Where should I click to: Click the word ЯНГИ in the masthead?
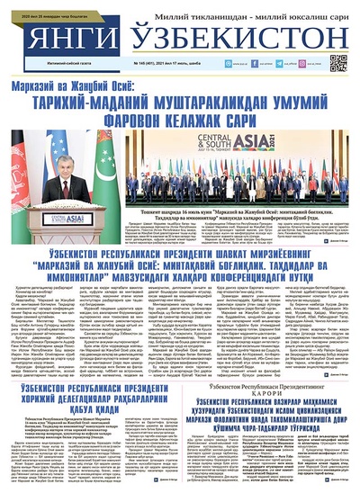(x=58, y=39)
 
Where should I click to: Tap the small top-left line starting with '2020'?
(x=43, y=4)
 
